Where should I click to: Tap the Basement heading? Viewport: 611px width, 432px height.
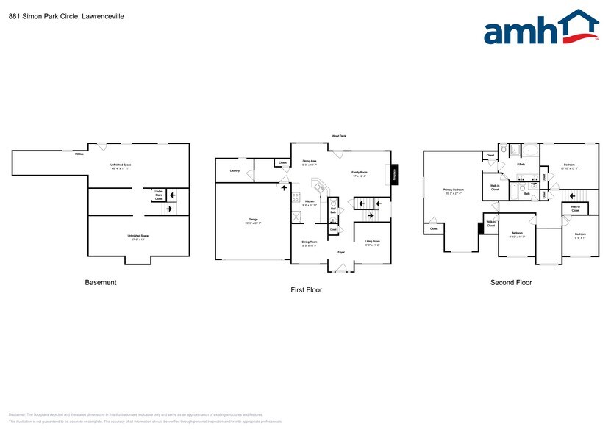point(101,282)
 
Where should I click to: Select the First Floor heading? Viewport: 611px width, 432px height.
point(306,289)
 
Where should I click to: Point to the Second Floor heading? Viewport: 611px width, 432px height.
point(511,282)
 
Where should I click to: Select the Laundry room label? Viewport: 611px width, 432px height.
point(235,170)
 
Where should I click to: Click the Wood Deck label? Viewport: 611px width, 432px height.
point(339,136)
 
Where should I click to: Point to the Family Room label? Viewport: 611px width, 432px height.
point(360,173)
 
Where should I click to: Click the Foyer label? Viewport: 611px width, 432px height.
point(341,252)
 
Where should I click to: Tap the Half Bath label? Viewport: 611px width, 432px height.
point(332,210)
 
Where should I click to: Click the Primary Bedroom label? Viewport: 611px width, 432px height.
point(453,190)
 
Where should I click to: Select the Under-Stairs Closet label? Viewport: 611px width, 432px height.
point(159,195)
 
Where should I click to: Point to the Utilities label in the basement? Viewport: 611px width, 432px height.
point(79,154)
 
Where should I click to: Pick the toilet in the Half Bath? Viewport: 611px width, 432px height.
point(332,203)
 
